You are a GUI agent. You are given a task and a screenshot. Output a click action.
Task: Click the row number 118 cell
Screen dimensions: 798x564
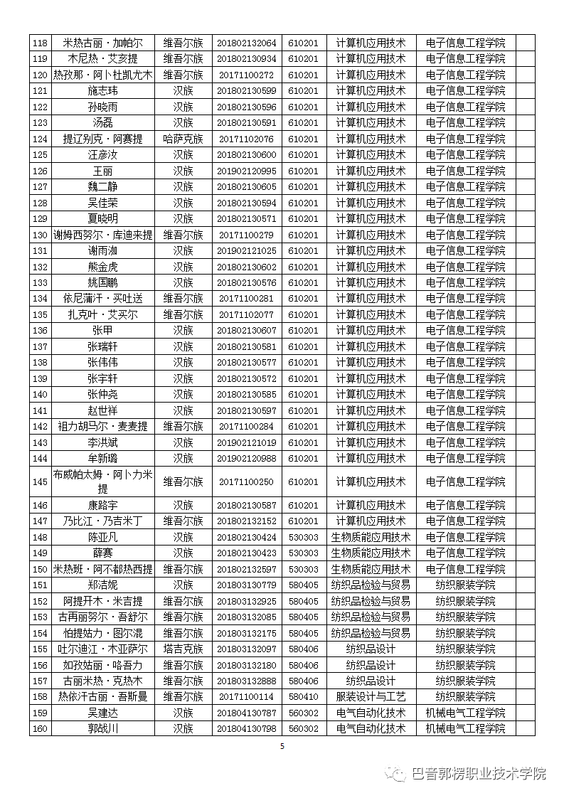(40, 43)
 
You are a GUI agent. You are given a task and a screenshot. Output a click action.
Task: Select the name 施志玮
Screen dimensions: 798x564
(102, 91)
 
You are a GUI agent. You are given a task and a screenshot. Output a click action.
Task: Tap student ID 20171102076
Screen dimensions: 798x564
(246, 139)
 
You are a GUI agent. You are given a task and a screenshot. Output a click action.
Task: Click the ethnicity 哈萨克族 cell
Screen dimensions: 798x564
(183, 139)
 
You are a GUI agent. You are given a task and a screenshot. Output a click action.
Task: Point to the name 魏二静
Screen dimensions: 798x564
(102, 187)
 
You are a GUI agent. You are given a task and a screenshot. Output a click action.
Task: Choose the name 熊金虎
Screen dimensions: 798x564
(102, 267)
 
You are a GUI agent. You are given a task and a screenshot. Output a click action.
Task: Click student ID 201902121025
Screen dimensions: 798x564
(246, 251)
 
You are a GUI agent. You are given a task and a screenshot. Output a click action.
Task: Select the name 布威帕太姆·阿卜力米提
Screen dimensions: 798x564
(102, 482)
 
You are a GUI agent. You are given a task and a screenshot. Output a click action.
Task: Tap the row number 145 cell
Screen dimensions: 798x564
(40, 482)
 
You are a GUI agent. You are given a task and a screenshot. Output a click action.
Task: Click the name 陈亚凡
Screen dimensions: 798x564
(102, 537)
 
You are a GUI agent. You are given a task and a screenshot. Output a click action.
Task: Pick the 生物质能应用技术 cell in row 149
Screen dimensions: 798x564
(371, 553)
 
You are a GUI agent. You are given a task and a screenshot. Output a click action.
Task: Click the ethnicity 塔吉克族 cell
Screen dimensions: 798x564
(183, 649)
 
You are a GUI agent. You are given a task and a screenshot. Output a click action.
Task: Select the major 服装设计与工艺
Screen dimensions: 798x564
(371, 697)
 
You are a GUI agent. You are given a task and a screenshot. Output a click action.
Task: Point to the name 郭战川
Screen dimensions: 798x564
(102, 728)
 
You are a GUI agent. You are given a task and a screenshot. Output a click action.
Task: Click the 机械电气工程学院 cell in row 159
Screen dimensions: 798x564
(465, 713)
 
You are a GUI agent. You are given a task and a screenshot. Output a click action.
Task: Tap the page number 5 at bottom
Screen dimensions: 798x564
(282, 746)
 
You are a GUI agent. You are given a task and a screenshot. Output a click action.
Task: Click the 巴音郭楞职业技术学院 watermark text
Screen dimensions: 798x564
(479, 774)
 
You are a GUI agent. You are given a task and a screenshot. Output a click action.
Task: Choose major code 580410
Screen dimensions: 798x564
(303, 697)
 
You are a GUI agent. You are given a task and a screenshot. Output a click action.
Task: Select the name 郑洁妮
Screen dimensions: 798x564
(102, 585)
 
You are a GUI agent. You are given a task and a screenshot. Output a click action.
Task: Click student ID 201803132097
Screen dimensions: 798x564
(246, 649)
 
